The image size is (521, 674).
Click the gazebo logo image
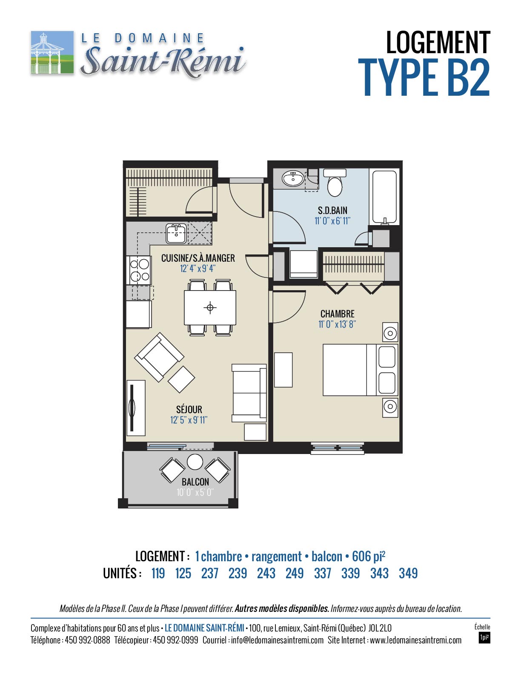tap(52, 52)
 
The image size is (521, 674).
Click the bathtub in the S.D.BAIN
tap(384, 197)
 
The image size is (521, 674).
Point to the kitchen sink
tap(176, 234)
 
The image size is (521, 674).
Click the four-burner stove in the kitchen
tap(139, 269)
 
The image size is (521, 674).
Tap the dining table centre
tap(210, 307)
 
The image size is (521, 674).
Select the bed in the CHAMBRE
tap(360, 369)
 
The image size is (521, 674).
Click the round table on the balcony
tap(195, 462)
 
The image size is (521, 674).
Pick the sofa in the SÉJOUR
tap(249, 393)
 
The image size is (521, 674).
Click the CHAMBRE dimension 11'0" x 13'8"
tap(337, 324)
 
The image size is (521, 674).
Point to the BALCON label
tap(195, 482)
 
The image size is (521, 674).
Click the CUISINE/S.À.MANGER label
tap(198, 258)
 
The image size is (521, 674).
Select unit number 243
tap(266, 573)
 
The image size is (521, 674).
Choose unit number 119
tap(158, 573)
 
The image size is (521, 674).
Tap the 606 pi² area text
tap(369, 557)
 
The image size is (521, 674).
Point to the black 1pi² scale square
tap(484, 638)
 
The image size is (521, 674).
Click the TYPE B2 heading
tap(424, 77)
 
